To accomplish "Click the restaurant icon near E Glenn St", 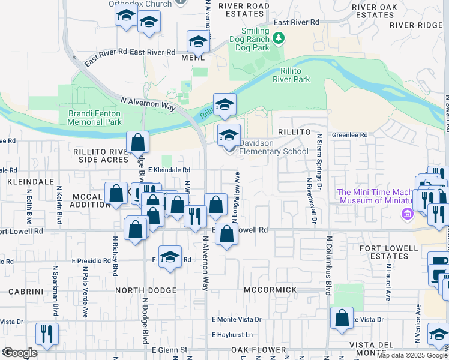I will point(46,334).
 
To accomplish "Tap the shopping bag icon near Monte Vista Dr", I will point(342,317).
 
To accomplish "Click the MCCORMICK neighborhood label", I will point(270,290).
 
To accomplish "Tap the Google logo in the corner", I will point(19,353).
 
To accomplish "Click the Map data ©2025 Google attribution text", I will point(412,356).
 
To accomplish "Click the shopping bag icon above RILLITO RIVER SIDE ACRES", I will point(138,142).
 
